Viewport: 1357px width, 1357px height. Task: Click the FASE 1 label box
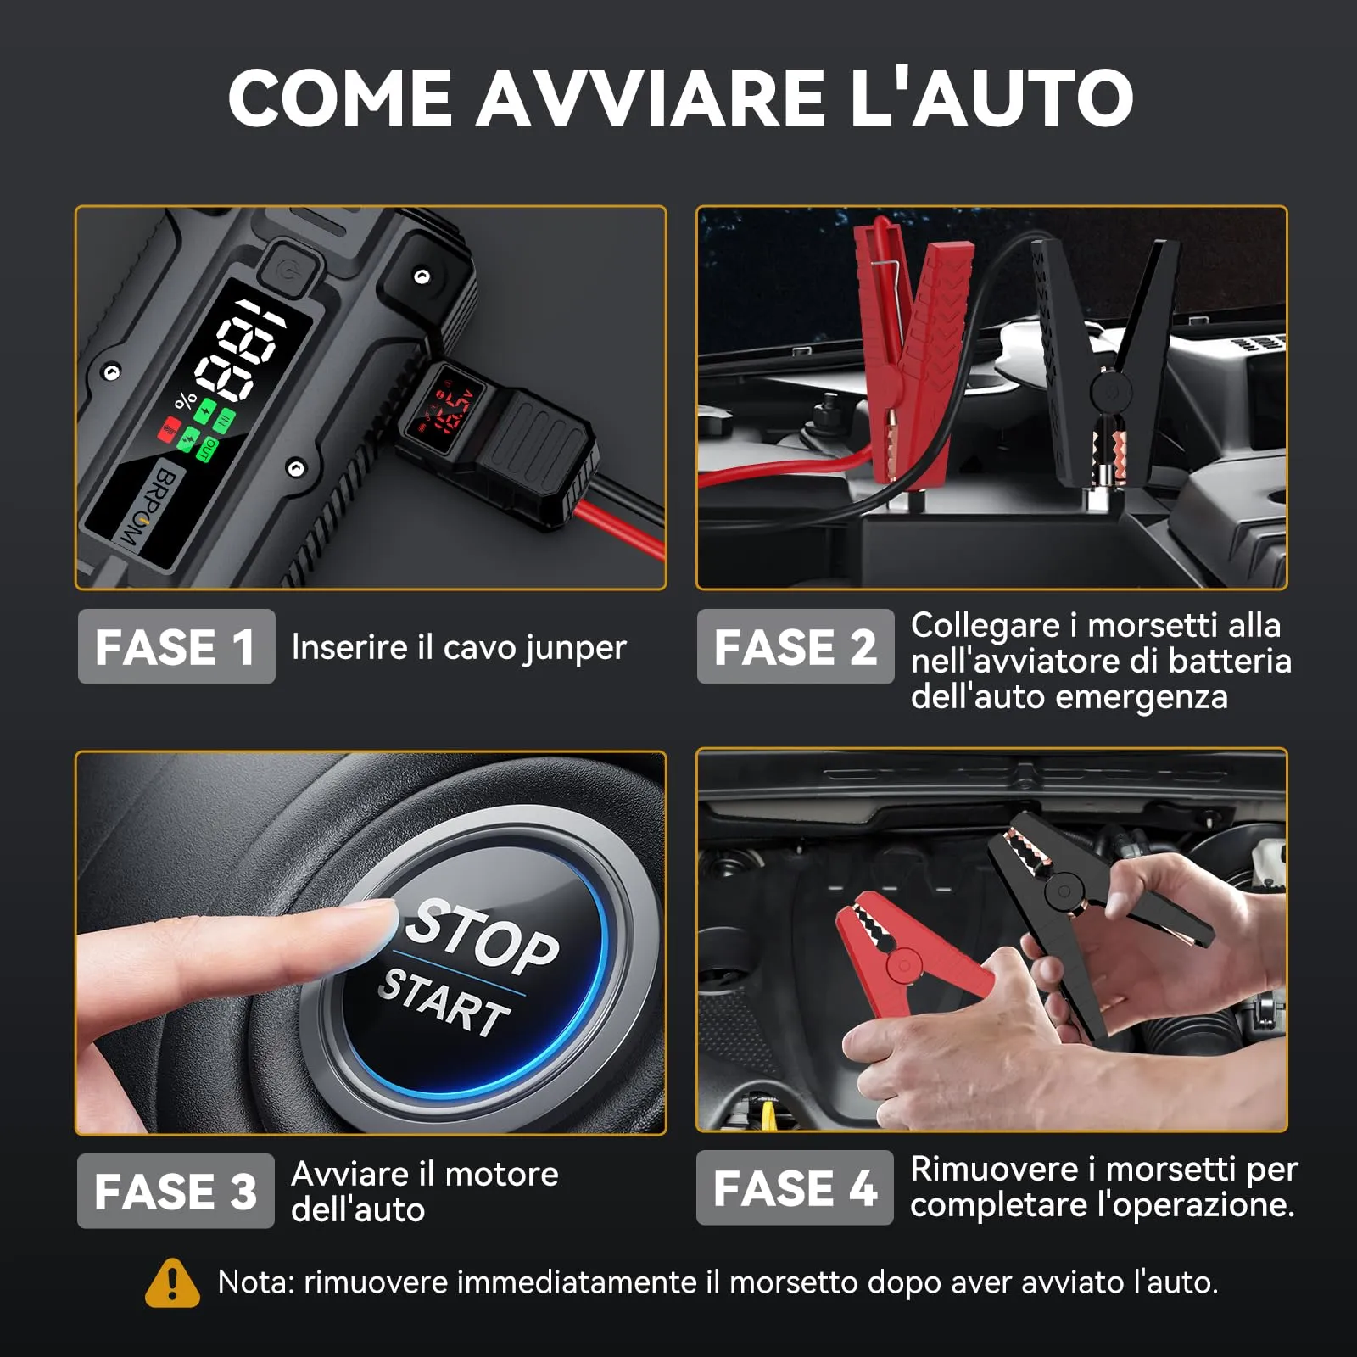(176, 646)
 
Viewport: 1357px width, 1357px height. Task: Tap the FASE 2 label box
(795, 646)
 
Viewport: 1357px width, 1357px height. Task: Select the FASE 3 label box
(176, 1191)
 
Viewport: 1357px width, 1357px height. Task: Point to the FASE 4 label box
(795, 1187)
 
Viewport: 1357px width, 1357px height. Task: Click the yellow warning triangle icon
(172, 1282)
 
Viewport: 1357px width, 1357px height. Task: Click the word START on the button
(444, 1002)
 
